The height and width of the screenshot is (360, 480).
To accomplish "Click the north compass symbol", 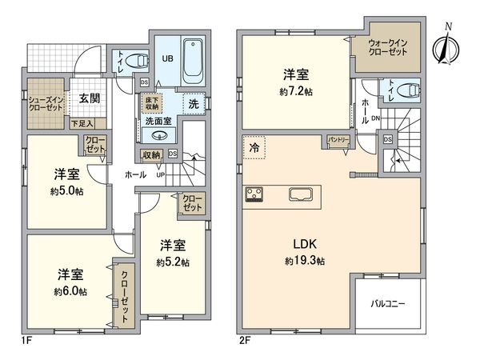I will (x=442, y=43).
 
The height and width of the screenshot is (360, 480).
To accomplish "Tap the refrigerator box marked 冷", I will (x=254, y=148).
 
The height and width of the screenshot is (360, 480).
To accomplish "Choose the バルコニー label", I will (x=387, y=304).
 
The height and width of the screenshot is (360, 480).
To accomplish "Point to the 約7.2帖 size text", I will (x=296, y=91).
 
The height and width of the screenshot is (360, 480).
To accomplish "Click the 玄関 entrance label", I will (x=90, y=99).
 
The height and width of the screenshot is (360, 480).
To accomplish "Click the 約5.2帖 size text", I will (x=173, y=262).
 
